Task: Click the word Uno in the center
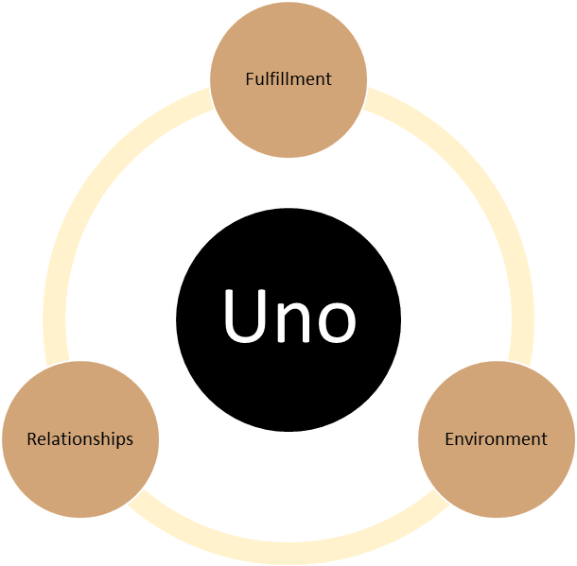(x=288, y=316)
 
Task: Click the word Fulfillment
(x=288, y=78)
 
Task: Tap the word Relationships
(x=79, y=438)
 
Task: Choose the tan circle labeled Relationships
(x=79, y=472)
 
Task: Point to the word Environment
(x=496, y=438)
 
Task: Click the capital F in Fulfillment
(x=249, y=78)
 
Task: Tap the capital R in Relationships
(x=31, y=438)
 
